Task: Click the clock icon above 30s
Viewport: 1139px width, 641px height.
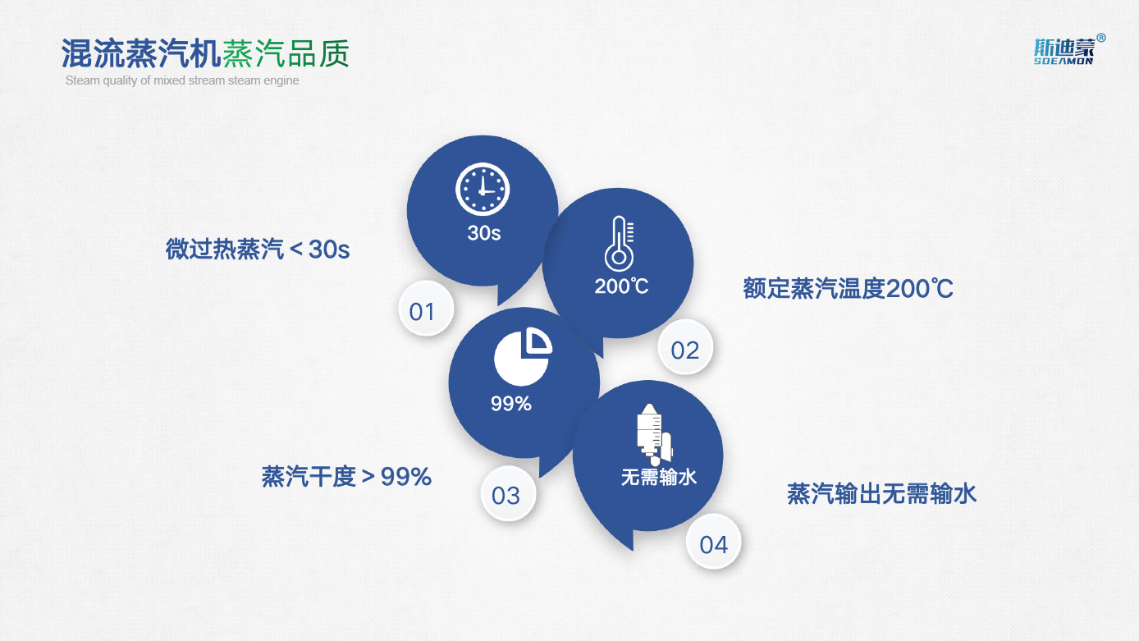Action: (x=482, y=190)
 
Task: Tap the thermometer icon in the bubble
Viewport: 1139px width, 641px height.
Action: (x=619, y=244)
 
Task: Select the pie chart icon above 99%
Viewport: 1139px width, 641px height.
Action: (x=523, y=356)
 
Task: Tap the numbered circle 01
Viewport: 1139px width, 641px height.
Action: (x=426, y=309)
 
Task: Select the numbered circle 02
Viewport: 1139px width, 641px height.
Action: (x=685, y=347)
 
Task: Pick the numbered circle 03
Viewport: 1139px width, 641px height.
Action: (x=508, y=493)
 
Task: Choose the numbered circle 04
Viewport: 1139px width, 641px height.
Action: (x=713, y=542)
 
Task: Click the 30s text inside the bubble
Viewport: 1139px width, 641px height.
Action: (x=484, y=233)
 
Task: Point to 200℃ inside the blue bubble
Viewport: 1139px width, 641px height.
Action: (x=621, y=286)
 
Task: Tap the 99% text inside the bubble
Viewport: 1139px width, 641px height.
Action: (x=511, y=404)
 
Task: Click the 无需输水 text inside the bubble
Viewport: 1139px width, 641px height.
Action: (x=658, y=477)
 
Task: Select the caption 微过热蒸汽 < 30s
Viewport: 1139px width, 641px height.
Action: (x=258, y=250)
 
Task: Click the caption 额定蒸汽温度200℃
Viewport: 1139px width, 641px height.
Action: (x=848, y=288)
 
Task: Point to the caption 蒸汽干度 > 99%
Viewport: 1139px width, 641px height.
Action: (x=346, y=477)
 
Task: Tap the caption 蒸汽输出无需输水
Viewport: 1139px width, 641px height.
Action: (x=881, y=494)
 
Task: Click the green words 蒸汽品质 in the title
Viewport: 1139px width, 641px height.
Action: (x=286, y=53)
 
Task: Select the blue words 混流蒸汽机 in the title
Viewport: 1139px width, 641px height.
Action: (x=141, y=53)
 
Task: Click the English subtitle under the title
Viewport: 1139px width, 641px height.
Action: (x=182, y=80)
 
